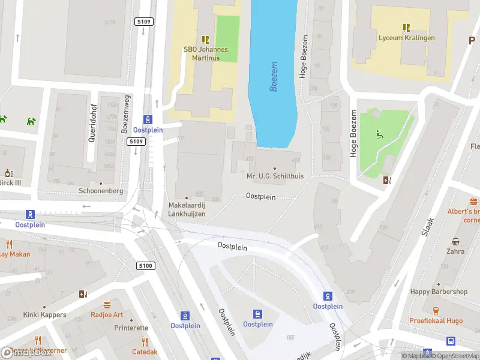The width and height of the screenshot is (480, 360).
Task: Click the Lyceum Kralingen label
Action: [406, 38]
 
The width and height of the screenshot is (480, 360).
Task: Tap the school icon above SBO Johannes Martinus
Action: [205, 40]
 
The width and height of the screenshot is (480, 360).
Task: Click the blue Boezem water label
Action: [274, 76]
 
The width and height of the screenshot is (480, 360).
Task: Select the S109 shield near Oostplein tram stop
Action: [136, 142]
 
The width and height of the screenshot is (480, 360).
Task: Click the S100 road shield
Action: [146, 266]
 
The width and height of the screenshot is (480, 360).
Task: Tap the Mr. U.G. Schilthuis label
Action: [275, 176]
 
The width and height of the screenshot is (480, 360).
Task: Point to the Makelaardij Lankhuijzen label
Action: [187, 209]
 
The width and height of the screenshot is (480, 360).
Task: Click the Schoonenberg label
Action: [101, 191]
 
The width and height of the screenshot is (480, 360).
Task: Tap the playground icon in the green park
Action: [378, 133]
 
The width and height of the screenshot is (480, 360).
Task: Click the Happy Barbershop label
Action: [439, 292]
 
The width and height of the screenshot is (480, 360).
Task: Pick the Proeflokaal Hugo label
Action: [436, 320]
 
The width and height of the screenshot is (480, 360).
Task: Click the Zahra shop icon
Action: [455, 242]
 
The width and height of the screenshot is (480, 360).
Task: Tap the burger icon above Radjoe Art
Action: [107, 305]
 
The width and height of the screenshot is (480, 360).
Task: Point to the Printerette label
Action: [131, 328]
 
